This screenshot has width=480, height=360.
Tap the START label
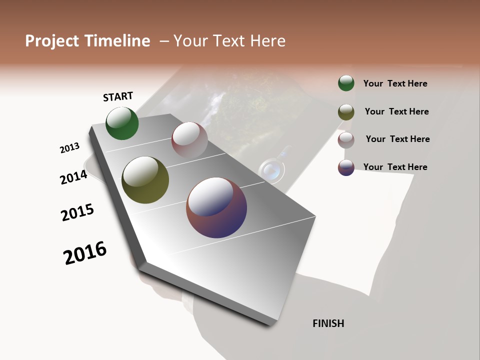118,96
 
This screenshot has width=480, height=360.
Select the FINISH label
328,323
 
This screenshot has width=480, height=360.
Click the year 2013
70,148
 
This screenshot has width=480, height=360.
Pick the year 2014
74,177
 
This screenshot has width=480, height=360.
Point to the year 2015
77,212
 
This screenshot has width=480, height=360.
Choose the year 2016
85,253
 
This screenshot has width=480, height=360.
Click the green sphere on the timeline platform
122,123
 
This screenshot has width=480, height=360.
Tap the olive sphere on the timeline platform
145,180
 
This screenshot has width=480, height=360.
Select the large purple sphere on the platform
216,207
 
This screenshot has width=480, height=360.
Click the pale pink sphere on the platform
189,139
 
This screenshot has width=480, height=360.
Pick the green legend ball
346,83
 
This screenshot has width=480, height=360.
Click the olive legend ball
346,111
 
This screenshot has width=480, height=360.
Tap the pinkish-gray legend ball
346,139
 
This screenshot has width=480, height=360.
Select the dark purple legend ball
346,167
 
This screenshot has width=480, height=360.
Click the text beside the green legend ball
395,83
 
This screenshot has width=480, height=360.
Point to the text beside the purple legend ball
395,167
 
